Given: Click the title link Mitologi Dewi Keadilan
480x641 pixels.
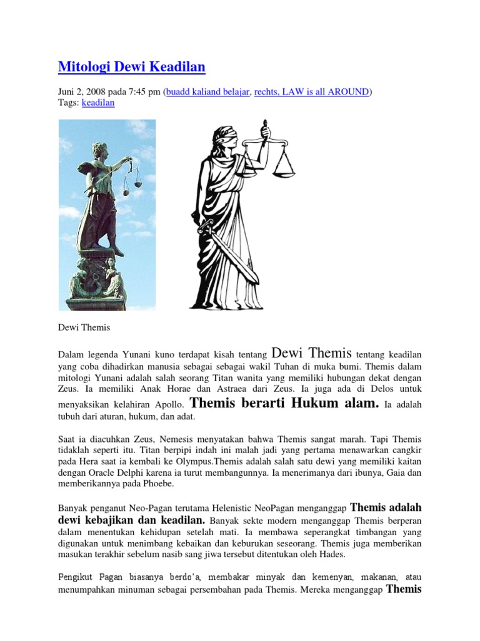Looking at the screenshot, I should tap(131, 66).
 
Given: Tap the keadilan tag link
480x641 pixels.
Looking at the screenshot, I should tap(98, 103).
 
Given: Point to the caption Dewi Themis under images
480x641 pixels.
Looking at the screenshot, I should tap(83, 327).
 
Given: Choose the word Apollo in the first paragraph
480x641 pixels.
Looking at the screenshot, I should tap(169, 405).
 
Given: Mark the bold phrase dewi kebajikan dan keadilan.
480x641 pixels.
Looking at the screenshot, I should tap(132, 520).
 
